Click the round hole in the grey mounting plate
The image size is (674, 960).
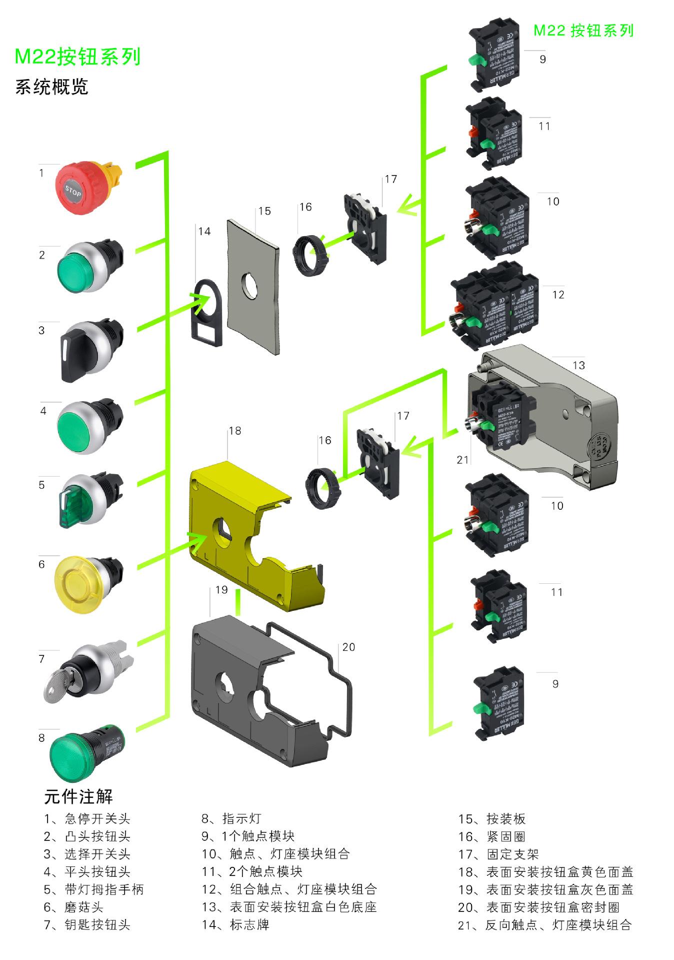coord(249,285)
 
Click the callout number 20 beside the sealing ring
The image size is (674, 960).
coord(348,647)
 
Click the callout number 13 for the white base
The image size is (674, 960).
coord(578,365)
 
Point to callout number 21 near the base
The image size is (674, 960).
coord(463,459)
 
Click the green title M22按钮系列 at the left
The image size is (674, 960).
coord(77,57)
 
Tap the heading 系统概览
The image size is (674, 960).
coord(51,87)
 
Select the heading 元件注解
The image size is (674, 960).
coord(78,796)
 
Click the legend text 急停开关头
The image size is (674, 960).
coord(97,819)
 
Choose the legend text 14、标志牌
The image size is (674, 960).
coord(235,925)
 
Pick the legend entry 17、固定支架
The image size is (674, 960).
coord(498,854)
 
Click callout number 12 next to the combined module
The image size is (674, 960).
coord(558,295)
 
